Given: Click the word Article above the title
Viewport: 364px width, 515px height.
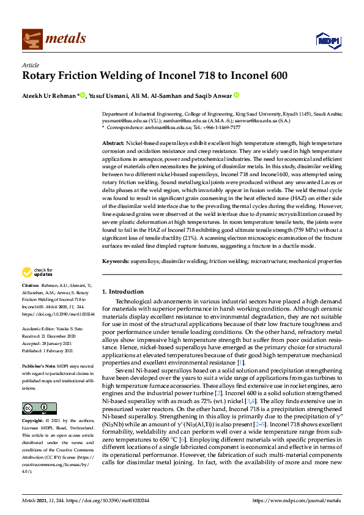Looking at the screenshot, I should coord(30,65).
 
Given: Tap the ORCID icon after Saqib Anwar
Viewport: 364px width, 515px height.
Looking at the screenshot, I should coord(236,95).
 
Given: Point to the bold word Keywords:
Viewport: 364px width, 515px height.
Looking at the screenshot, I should coord(115,261).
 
